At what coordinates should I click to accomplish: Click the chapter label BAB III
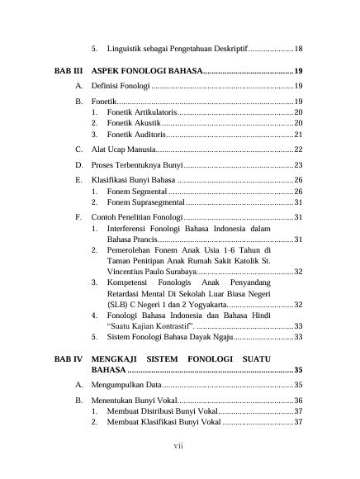[x=69, y=71]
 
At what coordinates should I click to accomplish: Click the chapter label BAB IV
[x=69, y=359]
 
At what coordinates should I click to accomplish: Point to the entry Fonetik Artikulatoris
[x=141, y=111]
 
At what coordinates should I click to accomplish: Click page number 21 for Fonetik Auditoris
[x=298, y=134]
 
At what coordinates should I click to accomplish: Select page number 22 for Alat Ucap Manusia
[x=298, y=149]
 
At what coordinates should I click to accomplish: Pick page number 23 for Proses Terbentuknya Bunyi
[x=298, y=164]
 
